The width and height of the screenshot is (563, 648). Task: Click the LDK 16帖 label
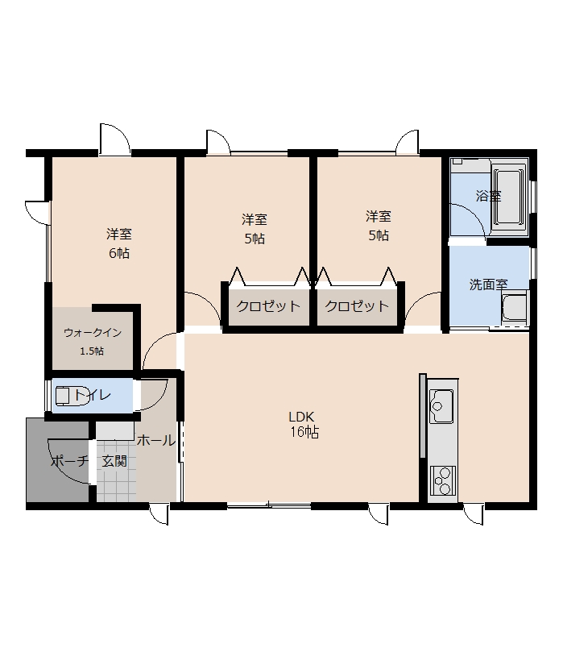click(x=304, y=425)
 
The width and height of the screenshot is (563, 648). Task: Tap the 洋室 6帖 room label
click(x=119, y=243)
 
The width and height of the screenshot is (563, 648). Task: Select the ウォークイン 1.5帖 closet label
click(x=93, y=342)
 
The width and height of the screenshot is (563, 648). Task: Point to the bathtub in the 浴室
click(x=509, y=198)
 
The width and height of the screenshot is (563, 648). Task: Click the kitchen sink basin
click(x=441, y=406)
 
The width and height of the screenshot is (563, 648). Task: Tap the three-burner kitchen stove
click(x=442, y=480)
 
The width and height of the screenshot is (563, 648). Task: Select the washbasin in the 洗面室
click(x=514, y=308)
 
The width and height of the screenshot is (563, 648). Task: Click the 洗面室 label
click(x=488, y=285)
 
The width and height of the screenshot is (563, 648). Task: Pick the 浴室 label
click(x=488, y=196)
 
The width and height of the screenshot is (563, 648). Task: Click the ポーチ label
click(x=69, y=461)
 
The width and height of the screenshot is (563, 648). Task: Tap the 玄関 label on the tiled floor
click(x=114, y=461)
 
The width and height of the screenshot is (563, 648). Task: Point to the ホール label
click(x=156, y=441)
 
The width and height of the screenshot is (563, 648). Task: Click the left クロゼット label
click(x=268, y=306)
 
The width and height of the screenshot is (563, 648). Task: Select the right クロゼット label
click(x=357, y=306)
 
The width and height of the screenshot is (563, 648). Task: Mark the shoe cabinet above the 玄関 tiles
click(x=115, y=430)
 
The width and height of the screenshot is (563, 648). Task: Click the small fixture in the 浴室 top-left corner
click(x=457, y=161)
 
